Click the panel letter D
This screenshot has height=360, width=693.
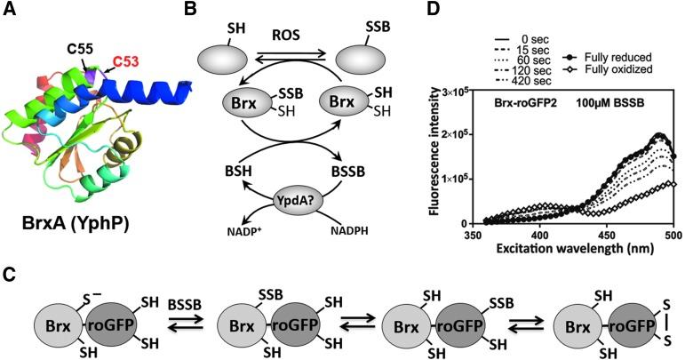tap(430, 12)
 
